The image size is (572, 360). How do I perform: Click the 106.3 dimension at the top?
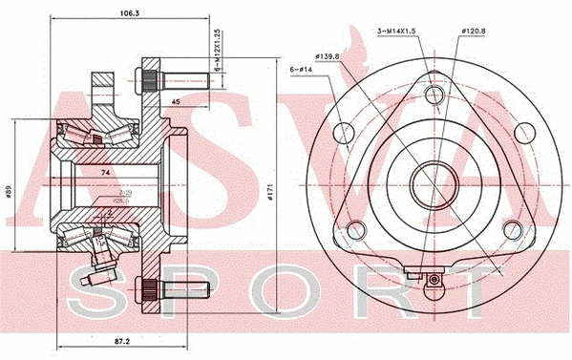116,14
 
